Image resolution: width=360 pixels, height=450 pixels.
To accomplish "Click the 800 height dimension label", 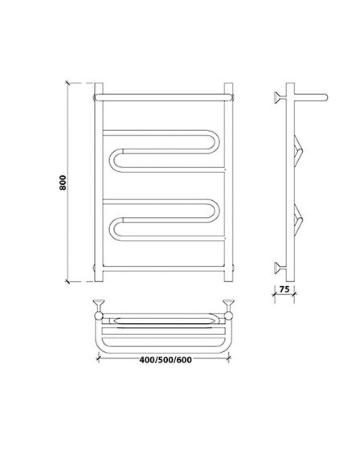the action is pyautogui.click(x=63, y=182).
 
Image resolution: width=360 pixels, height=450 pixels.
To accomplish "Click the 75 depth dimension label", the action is pyautogui.click(x=284, y=289).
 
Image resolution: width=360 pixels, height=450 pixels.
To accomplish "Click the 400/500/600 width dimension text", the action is pyautogui.click(x=166, y=360).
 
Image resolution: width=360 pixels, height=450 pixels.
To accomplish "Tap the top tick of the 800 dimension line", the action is pyautogui.click(x=67, y=83).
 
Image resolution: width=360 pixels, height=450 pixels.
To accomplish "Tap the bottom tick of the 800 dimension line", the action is pyautogui.click(x=67, y=281).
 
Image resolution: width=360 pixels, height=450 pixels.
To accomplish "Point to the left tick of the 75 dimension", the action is pyautogui.click(x=275, y=294).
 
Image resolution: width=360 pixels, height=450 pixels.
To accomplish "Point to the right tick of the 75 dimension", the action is pyautogui.click(x=294, y=294).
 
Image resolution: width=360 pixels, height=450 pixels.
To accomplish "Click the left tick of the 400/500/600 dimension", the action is pyautogui.click(x=99, y=358).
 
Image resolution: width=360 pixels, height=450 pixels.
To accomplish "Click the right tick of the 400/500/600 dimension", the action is pyautogui.click(x=228, y=358).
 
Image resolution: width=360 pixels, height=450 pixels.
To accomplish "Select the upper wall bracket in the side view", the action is pyautogui.click(x=280, y=97).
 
